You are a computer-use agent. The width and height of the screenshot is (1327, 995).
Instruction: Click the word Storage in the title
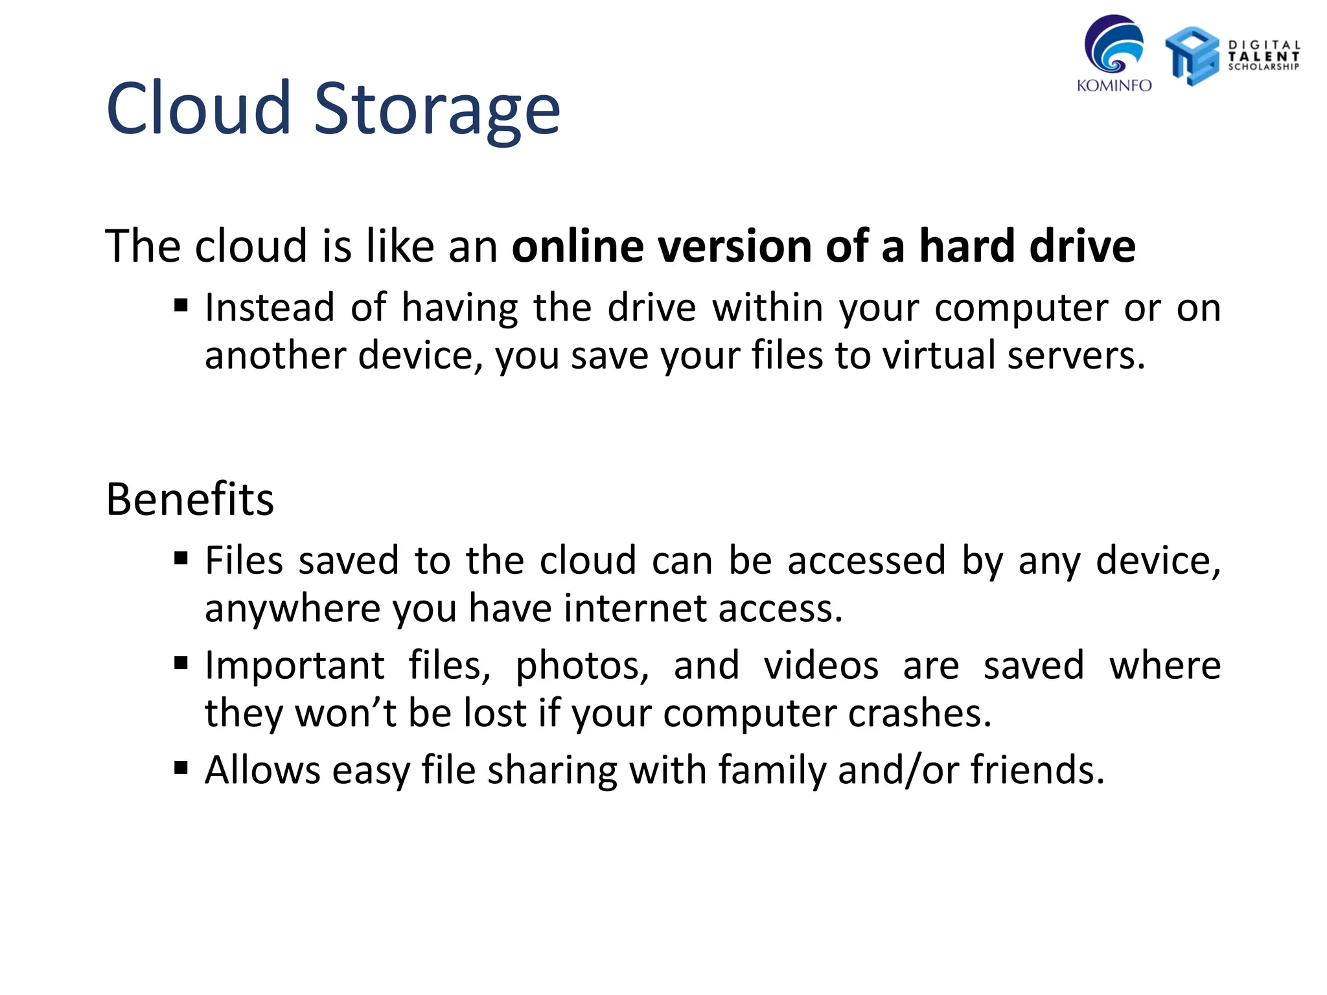coord(437,110)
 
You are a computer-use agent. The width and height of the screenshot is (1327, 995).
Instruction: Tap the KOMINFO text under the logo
coord(1114,86)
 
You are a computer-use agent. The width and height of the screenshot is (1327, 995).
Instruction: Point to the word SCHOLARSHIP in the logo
coord(1264,67)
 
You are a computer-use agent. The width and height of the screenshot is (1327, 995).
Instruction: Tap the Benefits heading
coord(190,499)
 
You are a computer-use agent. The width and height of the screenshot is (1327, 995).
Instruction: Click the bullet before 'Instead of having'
coord(181,305)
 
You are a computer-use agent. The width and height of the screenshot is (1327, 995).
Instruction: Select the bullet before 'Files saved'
coord(181,558)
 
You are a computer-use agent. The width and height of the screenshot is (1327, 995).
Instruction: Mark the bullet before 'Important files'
coord(181,663)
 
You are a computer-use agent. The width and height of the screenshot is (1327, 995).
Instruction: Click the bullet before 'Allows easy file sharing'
coord(181,768)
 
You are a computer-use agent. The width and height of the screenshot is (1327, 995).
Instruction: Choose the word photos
coord(582,666)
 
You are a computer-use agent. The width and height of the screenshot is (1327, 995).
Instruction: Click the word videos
coord(821,666)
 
